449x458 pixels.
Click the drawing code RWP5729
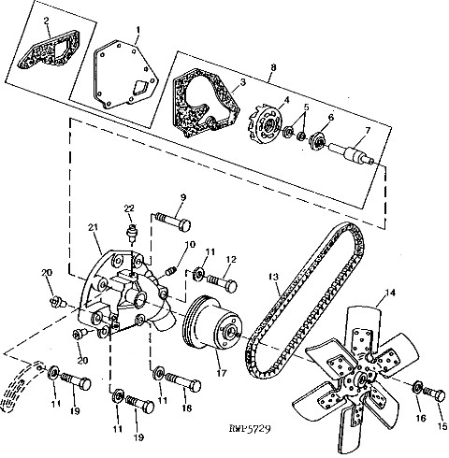tap(250, 429)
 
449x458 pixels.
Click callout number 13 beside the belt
tap(273, 277)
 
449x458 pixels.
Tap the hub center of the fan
tap(363, 379)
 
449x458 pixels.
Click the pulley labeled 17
tap(212, 323)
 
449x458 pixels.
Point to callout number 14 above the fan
tap(390, 293)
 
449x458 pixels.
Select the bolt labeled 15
tap(435, 395)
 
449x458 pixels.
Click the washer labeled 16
tap(417, 387)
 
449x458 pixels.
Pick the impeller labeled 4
tap(266, 125)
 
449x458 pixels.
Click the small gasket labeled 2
tap(47, 51)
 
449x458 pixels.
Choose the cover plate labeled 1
tap(125, 75)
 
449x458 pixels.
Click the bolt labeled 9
tap(173, 221)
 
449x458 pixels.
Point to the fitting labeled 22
tap(132, 233)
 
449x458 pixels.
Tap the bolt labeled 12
tap(222, 281)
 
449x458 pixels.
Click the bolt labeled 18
tap(182, 382)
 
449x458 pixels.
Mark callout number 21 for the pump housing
tap(93, 227)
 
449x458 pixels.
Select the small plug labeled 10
tap(171, 271)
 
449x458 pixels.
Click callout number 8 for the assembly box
tap(273, 67)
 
